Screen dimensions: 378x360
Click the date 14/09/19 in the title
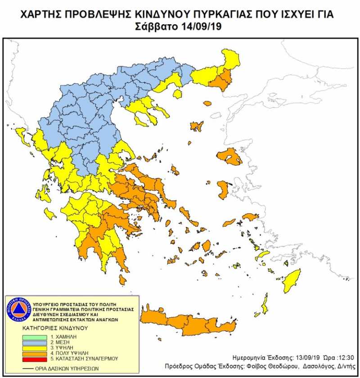click(x=200, y=27)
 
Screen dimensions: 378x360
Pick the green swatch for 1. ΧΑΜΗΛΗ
click(x=35, y=336)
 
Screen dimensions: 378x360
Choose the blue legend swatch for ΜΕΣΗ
click(x=35, y=342)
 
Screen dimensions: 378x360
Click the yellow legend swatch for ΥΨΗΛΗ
click(x=35, y=347)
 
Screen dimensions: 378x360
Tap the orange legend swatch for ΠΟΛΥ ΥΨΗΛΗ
click(x=35, y=353)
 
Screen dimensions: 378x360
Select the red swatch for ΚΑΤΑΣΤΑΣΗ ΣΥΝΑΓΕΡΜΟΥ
click(x=35, y=359)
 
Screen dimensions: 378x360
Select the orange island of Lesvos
click(x=229, y=157)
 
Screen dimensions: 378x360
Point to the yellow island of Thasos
click(x=178, y=94)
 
